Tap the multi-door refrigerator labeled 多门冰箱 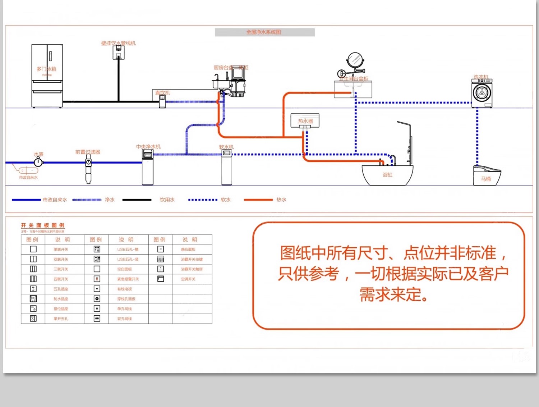[x=47, y=76]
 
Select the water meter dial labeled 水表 [x=38, y=162]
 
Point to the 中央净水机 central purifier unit [x=148, y=167]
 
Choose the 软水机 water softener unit [x=226, y=167]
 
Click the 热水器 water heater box [x=305, y=121]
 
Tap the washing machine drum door [x=482, y=93]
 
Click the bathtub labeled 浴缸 [x=387, y=175]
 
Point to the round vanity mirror [x=355, y=59]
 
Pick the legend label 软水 [x=226, y=200]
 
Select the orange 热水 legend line [x=258, y=200]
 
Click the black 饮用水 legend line [x=137, y=200]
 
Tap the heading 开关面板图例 [x=42, y=225]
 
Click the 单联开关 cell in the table [x=61, y=249]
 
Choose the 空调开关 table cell [x=188, y=279]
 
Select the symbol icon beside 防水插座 [x=33, y=299]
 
